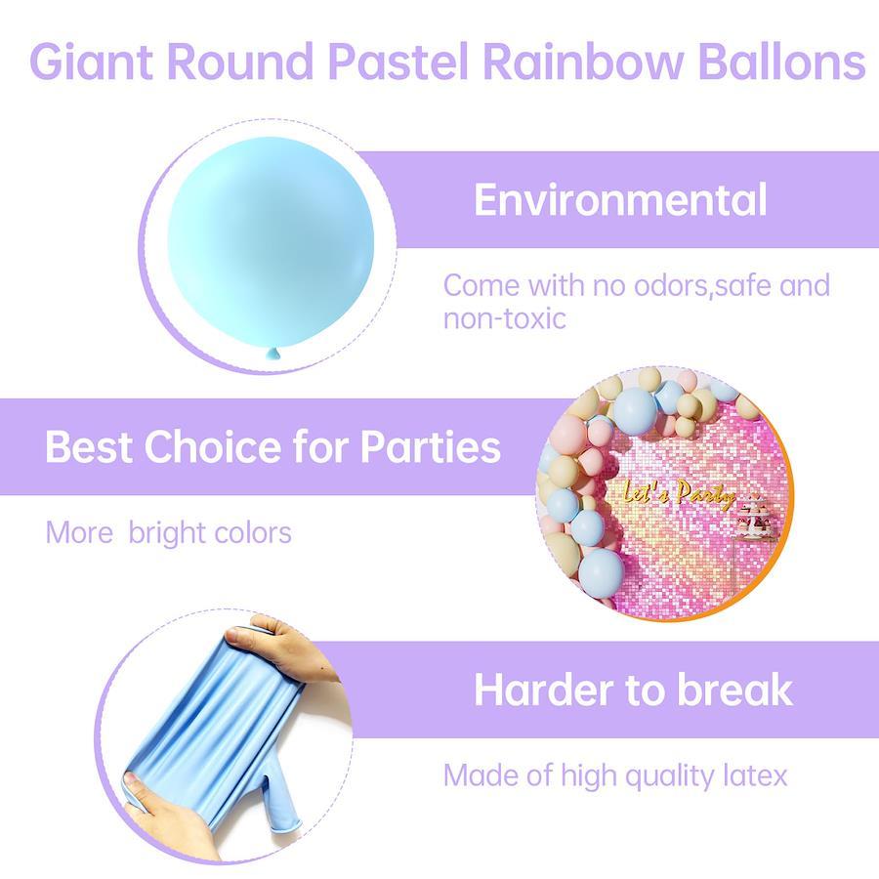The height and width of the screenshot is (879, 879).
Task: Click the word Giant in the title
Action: (91, 62)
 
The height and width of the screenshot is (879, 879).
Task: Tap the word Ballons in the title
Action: (781, 61)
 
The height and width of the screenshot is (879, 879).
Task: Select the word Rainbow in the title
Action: (582, 61)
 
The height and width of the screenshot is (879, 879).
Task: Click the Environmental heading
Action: (620, 199)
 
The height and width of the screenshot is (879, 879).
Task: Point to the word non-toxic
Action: (505, 318)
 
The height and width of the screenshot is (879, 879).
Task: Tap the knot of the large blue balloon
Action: (273, 354)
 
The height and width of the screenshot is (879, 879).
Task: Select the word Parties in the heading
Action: (430, 446)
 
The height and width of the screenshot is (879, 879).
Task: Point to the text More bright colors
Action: (168, 532)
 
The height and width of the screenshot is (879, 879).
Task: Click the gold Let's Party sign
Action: (679, 494)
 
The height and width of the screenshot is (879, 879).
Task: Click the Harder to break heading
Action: (633, 690)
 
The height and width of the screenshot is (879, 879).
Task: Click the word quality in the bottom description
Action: (669, 777)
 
